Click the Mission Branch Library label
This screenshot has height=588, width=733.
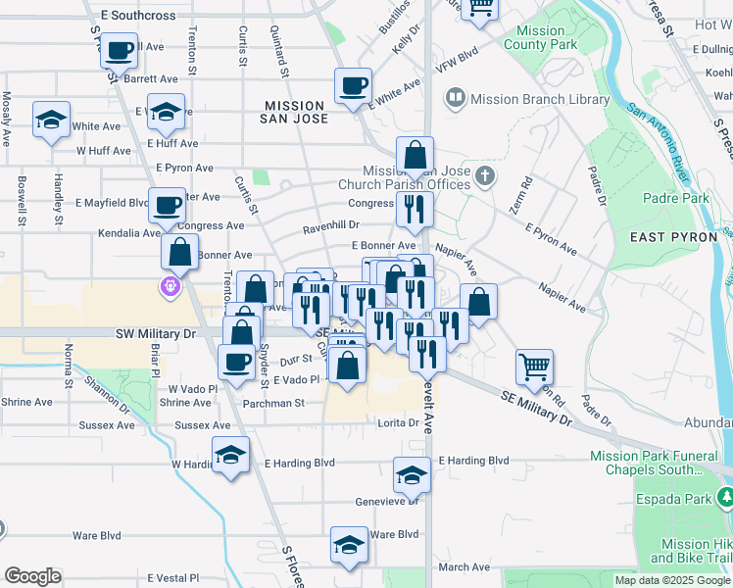pos(540,99)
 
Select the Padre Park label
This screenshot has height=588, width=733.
pos(676,198)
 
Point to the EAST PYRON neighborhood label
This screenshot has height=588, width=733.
pos(674,237)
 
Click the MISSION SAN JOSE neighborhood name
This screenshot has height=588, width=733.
pos(293,112)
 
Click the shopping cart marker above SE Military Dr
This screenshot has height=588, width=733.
pos(535,367)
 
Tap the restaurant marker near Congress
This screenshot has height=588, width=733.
pos(415,208)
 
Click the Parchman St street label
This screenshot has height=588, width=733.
pos(273,402)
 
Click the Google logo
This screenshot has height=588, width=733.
pos(32,576)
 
